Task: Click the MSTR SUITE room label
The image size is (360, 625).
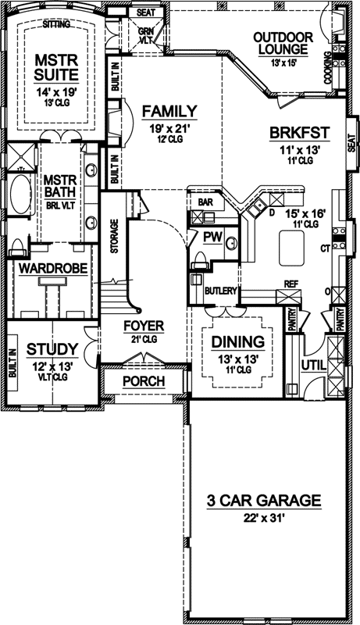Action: click(55, 68)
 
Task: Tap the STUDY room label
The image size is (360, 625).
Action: click(52, 348)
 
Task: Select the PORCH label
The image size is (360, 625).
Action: click(144, 381)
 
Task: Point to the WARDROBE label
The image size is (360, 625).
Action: click(52, 268)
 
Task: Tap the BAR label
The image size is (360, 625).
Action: click(205, 202)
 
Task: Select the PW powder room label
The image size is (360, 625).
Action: click(210, 235)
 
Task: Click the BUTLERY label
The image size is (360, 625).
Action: click(220, 291)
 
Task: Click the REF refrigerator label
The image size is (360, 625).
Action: click(290, 284)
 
